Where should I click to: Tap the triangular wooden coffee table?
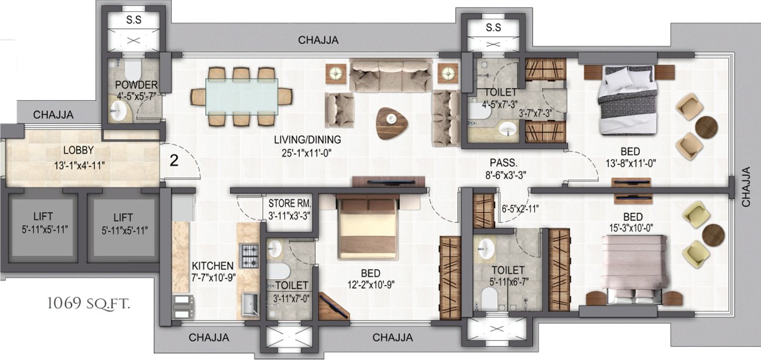(x=392, y=123)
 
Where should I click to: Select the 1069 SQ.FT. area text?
(x=89, y=303)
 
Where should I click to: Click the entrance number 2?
(x=174, y=160)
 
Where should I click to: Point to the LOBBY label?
(x=78, y=150)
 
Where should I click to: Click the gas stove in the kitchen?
(x=250, y=256)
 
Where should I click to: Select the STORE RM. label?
(x=289, y=204)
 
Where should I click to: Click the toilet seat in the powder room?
(x=133, y=70)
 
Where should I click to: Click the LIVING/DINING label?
(x=307, y=139)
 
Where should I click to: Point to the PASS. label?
(x=503, y=163)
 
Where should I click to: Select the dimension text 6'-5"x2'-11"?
(x=520, y=209)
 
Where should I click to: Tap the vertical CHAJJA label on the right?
(x=746, y=187)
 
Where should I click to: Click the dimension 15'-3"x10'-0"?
(x=631, y=228)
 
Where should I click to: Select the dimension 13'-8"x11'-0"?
(x=630, y=163)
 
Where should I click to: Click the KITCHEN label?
(x=212, y=266)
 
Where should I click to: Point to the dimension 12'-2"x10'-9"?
(x=371, y=284)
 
